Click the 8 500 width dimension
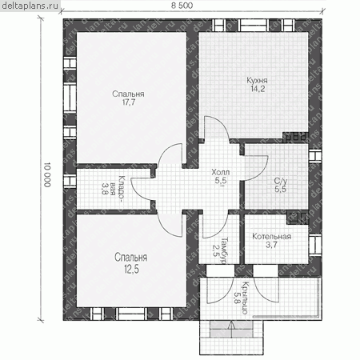click(x=182, y=6)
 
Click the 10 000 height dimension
click(x=47, y=174)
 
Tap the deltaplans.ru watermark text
click(x=30, y=6)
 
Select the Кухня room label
click(x=257, y=80)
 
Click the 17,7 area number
click(x=129, y=102)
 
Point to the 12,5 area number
click(x=131, y=269)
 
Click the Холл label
click(x=221, y=172)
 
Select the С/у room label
click(x=281, y=181)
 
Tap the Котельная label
click(x=271, y=236)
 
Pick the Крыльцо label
click(x=245, y=298)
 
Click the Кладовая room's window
click(x=70, y=182)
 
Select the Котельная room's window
click(x=315, y=245)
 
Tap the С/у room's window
click(x=315, y=156)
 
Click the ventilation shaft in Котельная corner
click(x=298, y=218)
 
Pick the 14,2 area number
click(x=258, y=89)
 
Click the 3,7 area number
click(x=271, y=245)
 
